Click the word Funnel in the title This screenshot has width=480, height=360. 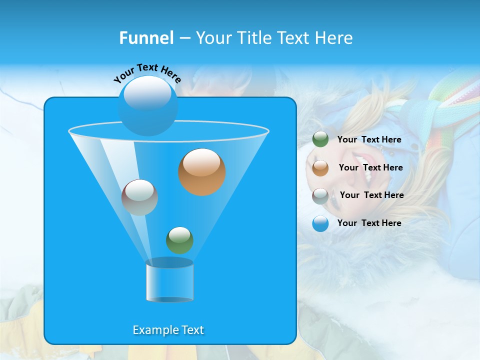tap(146, 38)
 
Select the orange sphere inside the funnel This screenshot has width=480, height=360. tap(201, 172)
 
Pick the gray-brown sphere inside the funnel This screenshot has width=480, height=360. tap(139, 197)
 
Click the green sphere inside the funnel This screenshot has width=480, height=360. tap(179, 240)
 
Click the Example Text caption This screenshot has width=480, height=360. tap(168, 330)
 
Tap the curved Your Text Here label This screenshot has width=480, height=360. tap(147, 72)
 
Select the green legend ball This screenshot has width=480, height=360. tap(320, 139)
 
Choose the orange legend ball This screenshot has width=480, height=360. tap(320, 167)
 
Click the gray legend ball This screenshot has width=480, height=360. tap(320, 195)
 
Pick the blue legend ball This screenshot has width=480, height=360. tap(320, 223)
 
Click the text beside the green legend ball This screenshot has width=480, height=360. tap(369, 140)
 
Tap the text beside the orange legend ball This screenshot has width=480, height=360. tap(370, 168)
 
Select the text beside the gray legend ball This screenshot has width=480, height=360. tap(371, 195)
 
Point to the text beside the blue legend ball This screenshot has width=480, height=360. tap(369, 223)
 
